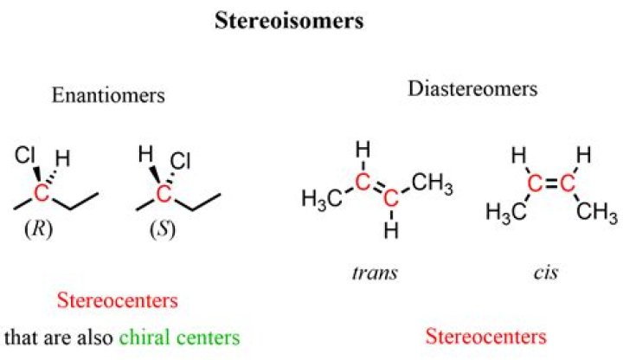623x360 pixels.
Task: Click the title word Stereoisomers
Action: (289, 21)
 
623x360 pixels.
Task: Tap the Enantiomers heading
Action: (108, 95)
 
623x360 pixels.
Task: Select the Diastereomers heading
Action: (472, 88)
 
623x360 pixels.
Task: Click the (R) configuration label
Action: (39, 229)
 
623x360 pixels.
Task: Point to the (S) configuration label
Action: (163, 229)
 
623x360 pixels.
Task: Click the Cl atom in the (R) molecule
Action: (25, 155)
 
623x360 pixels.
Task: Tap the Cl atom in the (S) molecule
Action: (180, 161)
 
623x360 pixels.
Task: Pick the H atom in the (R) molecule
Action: (63, 158)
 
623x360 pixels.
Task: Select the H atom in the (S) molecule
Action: (146, 154)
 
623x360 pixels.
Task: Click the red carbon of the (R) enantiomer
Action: (42, 194)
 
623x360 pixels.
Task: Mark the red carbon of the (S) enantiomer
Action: (164, 194)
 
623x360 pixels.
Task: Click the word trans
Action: (375, 273)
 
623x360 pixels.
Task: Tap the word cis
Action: (546, 273)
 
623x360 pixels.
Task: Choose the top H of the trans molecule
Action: (363, 150)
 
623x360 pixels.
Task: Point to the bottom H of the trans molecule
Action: (391, 230)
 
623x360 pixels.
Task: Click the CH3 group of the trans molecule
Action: (433, 183)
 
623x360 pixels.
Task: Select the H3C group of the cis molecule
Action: (506, 212)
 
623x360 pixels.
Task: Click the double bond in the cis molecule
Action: (551, 183)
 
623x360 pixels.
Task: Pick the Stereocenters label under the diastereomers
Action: (486, 336)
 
